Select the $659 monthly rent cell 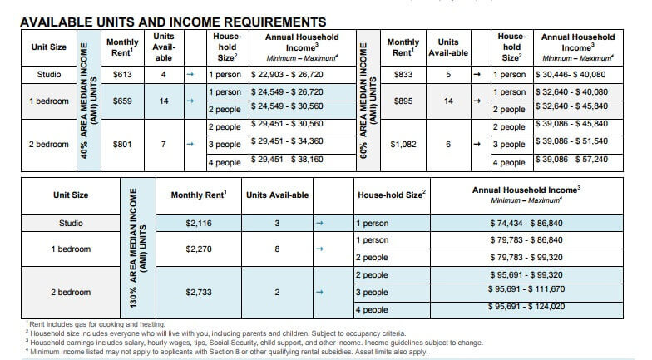[122, 101]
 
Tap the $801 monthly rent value [122, 144]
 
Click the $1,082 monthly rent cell [403, 144]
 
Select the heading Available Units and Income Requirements [172, 21]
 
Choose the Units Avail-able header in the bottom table [279, 195]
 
